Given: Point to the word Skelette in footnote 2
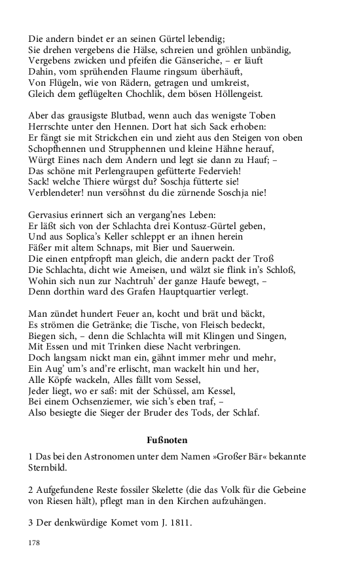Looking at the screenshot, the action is click(165, 490).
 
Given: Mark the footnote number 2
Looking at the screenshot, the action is click(31, 490).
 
